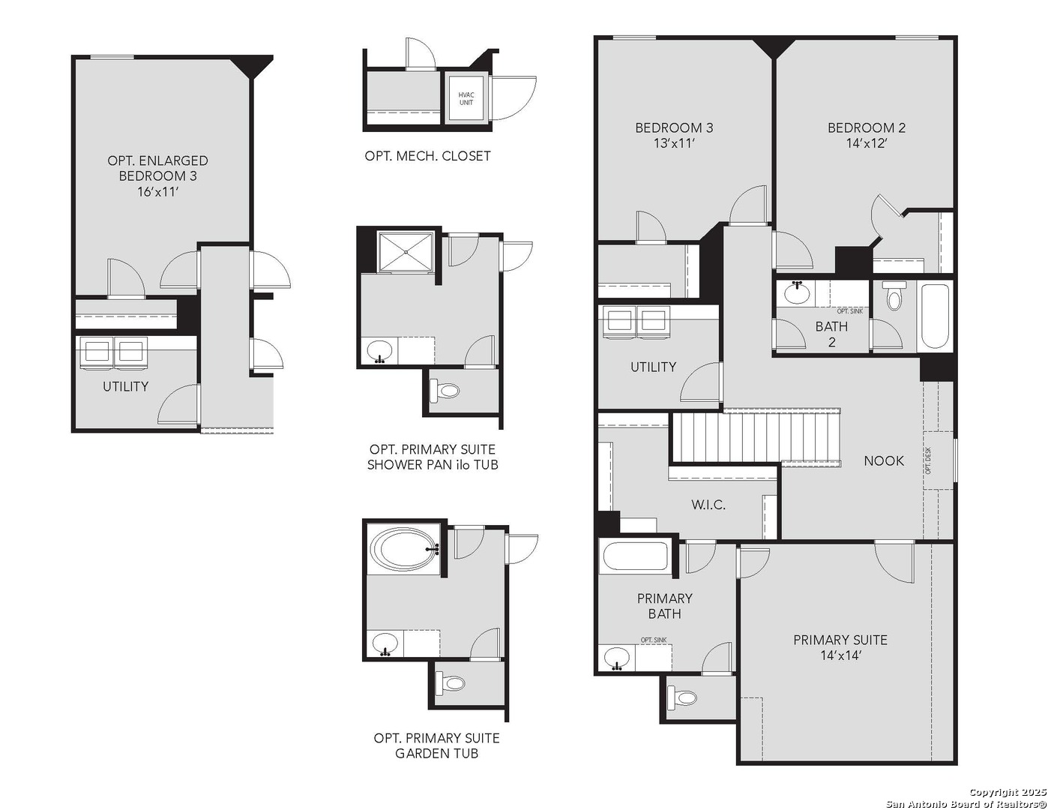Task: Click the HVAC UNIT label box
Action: click(466, 98)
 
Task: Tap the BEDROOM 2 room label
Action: click(867, 128)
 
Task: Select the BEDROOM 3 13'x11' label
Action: click(674, 135)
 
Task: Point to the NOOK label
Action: click(884, 461)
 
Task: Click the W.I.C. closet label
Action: click(708, 505)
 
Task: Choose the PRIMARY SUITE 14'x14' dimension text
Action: click(840, 655)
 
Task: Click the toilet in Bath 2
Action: click(893, 296)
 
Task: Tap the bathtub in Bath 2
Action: click(935, 316)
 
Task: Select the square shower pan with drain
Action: click(406, 253)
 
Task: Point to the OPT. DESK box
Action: click(937, 460)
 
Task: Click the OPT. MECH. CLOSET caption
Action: click(427, 156)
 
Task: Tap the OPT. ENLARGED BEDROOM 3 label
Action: click(157, 175)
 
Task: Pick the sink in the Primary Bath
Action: click(617, 658)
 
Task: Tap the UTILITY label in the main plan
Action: click(653, 367)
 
